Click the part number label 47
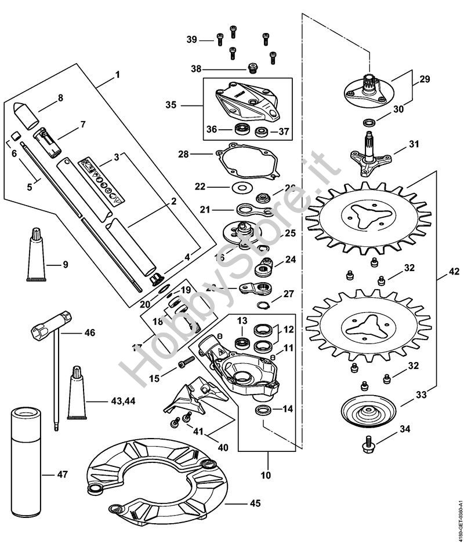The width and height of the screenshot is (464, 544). point(62,474)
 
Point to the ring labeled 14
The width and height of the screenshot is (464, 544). point(264,412)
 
